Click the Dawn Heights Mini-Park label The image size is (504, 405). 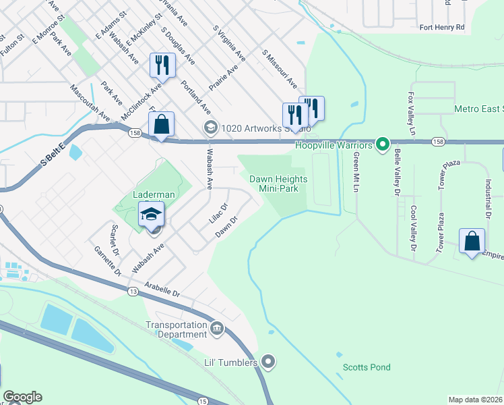coord(278,184)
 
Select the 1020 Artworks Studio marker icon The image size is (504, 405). coord(210,128)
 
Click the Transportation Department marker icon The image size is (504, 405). coord(217,329)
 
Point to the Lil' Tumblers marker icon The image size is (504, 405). coord(268,362)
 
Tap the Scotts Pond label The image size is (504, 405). coord(367,367)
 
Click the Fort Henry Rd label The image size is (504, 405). coord(442,28)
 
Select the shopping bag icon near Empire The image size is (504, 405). coord(472,241)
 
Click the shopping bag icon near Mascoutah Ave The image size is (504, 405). coord(161,125)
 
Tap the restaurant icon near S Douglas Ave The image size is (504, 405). coord(162,65)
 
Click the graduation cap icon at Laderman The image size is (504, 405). coord(152,216)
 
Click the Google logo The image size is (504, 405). coord(22,397)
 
